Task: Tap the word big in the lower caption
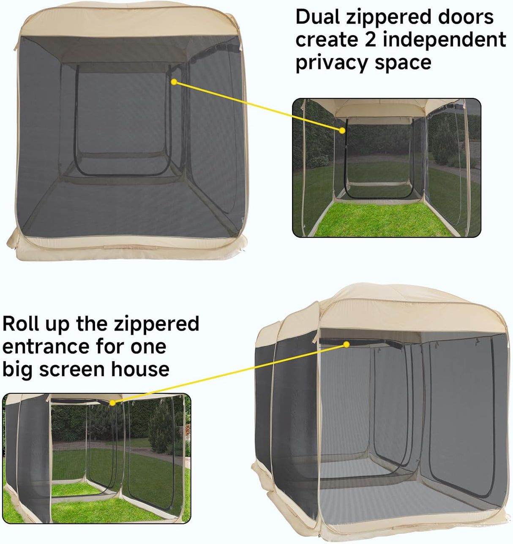tap(18, 369)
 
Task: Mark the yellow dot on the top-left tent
tap(174, 82)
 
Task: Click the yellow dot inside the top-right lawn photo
tap(341, 131)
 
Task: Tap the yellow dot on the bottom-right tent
tap(346, 344)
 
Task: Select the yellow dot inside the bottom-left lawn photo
tap(112, 403)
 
